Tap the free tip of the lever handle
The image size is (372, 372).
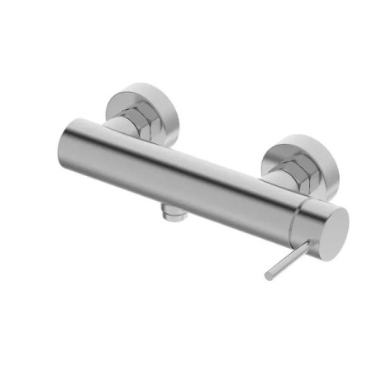coord(269,275)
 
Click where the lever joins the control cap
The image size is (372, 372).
coord(303,242)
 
